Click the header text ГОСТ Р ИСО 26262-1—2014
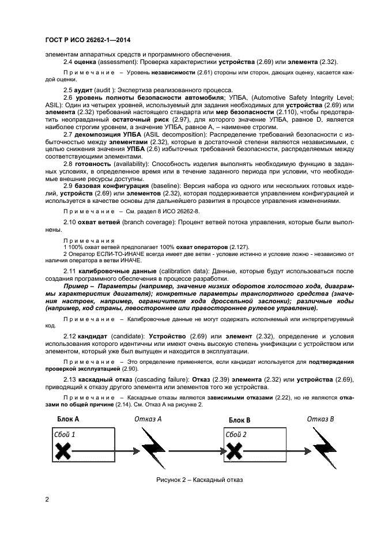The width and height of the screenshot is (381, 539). [x=86, y=41]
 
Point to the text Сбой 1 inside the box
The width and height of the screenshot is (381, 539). [x=65, y=434]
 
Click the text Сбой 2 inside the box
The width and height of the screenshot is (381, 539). [x=236, y=434]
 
